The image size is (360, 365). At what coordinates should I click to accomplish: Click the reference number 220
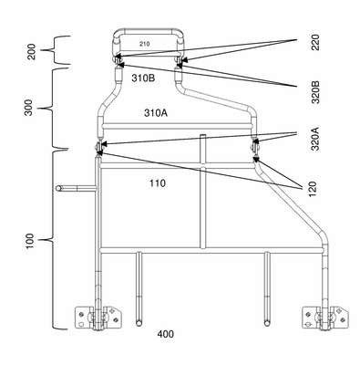point(316,43)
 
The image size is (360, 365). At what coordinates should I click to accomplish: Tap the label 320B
point(316,92)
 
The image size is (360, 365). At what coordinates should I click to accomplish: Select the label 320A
point(316,139)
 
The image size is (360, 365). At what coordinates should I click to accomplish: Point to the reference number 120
point(313,189)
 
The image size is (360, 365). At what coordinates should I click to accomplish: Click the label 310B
point(143,78)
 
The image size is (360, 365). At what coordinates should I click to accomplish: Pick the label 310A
point(156,113)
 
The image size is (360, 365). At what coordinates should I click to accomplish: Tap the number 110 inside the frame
point(158,183)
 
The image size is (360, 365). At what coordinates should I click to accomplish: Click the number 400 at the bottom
point(166,334)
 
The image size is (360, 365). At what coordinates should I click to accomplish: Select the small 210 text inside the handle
point(145,44)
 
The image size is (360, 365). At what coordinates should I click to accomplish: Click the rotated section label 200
point(31,52)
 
